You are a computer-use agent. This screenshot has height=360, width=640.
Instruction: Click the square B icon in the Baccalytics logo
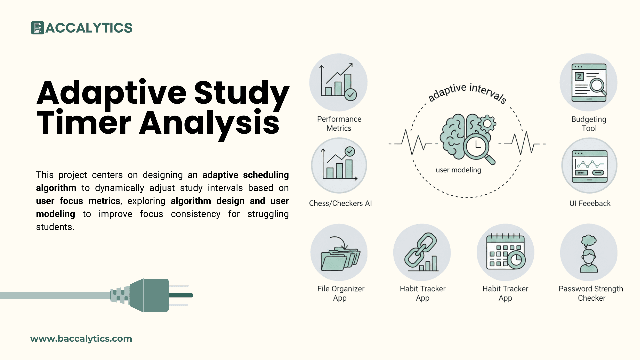(x=37, y=28)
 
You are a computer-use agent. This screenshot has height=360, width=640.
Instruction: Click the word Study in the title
(x=242, y=92)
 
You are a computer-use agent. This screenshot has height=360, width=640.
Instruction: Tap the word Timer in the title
(x=84, y=123)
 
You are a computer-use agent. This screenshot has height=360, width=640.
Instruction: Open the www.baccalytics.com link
(x=81, y=339)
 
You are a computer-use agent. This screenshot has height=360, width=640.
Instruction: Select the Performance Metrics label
(x=339, y=124)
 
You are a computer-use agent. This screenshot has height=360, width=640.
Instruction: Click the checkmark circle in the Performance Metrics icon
(x=350, y=95)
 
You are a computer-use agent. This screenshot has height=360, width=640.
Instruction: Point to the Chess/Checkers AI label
(x=340, y=203)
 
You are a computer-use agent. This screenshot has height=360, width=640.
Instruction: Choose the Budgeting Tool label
(x=589, y=124)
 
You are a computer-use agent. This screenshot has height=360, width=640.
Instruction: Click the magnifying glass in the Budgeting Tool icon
(x=598, y=86)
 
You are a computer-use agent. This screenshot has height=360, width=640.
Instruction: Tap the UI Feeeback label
(x=590, y=203)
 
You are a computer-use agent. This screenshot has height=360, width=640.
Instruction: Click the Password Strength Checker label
(x=591, y=293)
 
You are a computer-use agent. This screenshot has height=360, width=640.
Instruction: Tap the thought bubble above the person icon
(x=589, y=240)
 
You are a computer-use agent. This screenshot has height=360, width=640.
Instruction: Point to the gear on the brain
(x=487, y=124)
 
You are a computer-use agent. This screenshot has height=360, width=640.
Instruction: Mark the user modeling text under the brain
(x=458, y=170)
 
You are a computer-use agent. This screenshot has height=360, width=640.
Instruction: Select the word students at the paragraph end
(x=55, y=227)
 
